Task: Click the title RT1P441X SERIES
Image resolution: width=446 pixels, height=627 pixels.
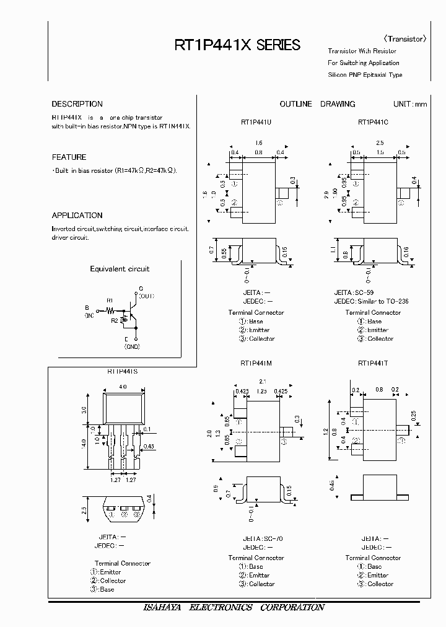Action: [238, 45]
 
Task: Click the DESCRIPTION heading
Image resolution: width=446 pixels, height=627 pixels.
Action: [77, 104]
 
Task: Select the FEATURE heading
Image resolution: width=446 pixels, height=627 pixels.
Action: [69, 157]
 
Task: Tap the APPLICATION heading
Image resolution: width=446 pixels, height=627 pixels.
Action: [77, 216]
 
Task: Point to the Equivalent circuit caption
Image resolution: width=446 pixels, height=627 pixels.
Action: [120, 269]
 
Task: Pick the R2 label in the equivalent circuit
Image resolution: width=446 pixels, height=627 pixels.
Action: [114, 321]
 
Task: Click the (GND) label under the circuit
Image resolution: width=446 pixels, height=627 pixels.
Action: [132, 348]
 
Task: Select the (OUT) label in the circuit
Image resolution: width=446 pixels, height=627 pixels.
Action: [146, 296]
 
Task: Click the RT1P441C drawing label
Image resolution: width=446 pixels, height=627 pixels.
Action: [373, 123]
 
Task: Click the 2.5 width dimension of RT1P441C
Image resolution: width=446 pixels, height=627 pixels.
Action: [380, 143]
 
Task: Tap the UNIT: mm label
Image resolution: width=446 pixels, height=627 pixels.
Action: [410, 104]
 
